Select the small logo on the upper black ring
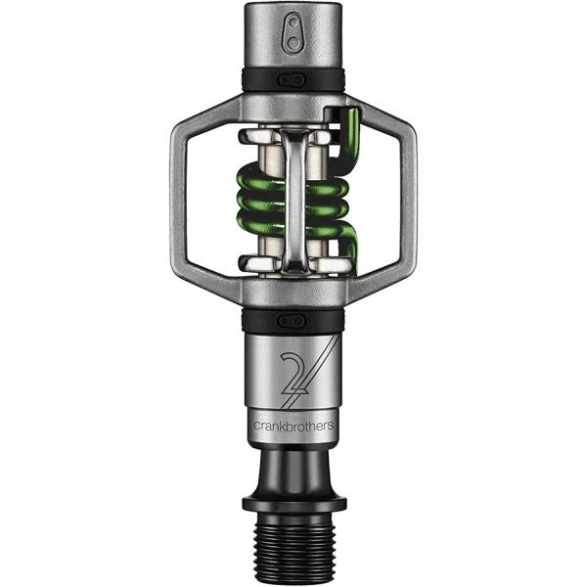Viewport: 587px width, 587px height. coord(292,79)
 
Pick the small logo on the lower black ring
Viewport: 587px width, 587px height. coord(292,320)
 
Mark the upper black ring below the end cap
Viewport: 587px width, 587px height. coord(293,81)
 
